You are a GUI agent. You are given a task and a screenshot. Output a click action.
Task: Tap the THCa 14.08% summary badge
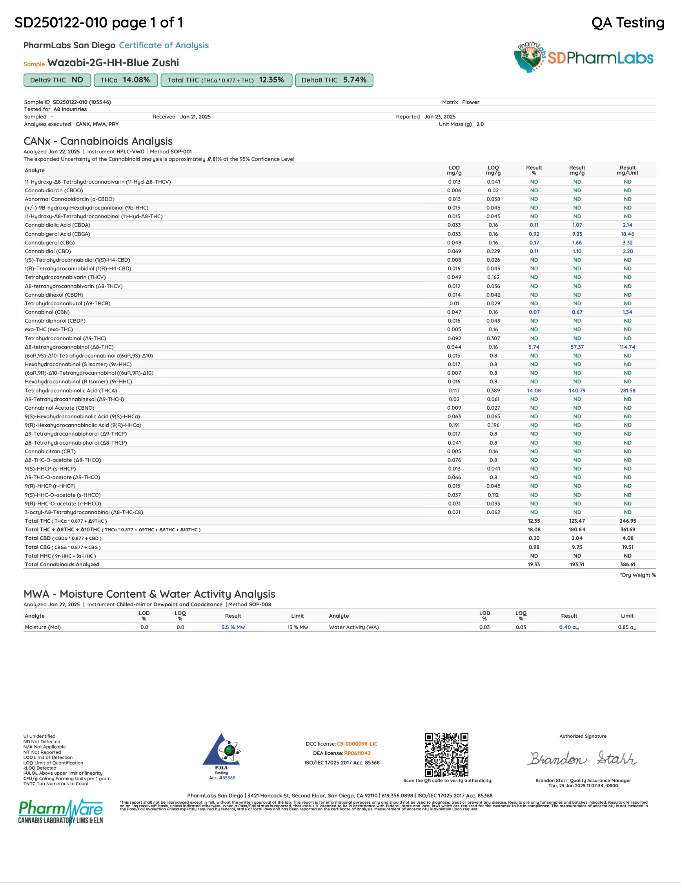point(126,80)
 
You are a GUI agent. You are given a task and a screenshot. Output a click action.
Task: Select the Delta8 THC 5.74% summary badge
point(334,80)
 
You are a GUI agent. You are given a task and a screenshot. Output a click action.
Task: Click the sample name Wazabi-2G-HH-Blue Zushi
point(113,63)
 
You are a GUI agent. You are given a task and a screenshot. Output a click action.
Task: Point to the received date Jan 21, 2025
point(195,117)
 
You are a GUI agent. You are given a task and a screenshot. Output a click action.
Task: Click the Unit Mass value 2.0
point(480,124)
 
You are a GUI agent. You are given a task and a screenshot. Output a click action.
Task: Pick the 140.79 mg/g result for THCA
point(577,390)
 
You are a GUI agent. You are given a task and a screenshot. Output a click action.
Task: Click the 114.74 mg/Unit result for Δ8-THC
point(627,347)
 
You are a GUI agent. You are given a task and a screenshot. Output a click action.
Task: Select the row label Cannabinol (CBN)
point(47,312)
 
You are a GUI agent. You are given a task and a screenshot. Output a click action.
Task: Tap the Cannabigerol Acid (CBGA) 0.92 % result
point(534,234)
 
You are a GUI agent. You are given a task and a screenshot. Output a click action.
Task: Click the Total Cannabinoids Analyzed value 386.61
point(627,564)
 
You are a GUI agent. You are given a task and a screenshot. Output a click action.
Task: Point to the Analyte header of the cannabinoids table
point(35,171)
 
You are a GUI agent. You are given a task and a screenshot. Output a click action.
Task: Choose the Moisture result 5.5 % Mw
point(233,627)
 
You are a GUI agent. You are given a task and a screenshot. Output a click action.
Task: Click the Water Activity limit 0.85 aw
point(627,627)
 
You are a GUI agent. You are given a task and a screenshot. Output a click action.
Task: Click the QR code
point(446,754)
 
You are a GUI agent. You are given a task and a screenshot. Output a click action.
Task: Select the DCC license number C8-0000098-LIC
point(357,744)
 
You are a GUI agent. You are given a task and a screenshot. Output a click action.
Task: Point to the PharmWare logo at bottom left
point(61,812)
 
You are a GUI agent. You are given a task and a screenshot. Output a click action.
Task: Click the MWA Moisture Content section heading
point(149,594)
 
